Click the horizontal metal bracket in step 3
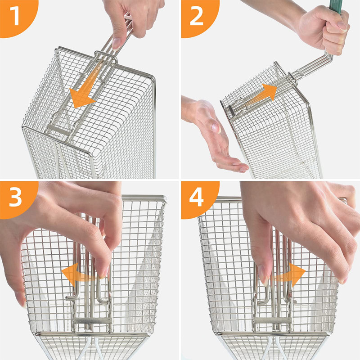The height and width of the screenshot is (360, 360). pyautogui.click(x=92, y=320)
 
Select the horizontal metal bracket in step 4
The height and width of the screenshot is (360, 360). pyautogui.click(x=270, y=320)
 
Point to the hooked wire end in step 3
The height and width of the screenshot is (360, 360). pyautogui.click(x=71, y=297)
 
